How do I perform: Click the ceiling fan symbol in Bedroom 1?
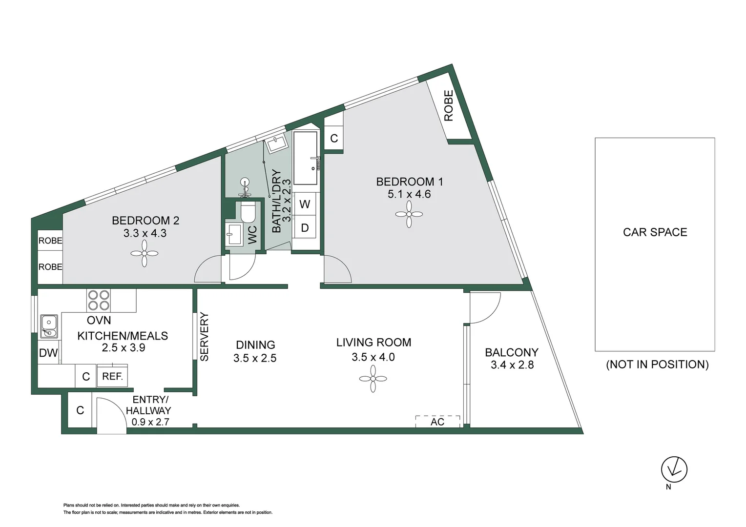tap(409, 214)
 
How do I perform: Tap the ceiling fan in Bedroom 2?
tap(145, 253)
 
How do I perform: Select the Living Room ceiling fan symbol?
tap(373, 379)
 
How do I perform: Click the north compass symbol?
tap(674, 469)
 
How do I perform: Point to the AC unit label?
tap(437, 422)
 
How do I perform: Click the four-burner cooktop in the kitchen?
tap(98, 300)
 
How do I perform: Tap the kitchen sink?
tap(49, 326)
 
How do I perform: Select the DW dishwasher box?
tap(48, 353)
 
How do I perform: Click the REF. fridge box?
tap(112, 376)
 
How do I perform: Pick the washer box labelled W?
tap(305, 204)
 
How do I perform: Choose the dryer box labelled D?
tap(305, 228)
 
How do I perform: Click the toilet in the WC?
tap(248, 212)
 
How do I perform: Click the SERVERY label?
tap(204, 337)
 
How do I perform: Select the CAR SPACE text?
tap(655, 232)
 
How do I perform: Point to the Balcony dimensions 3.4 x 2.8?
tap(512, 365)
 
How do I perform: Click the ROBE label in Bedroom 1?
tap(449, 105)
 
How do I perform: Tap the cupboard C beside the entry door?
tap(80, 410)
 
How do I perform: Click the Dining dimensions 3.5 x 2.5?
tap(254, 358)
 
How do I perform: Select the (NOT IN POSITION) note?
tap(657, 365)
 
